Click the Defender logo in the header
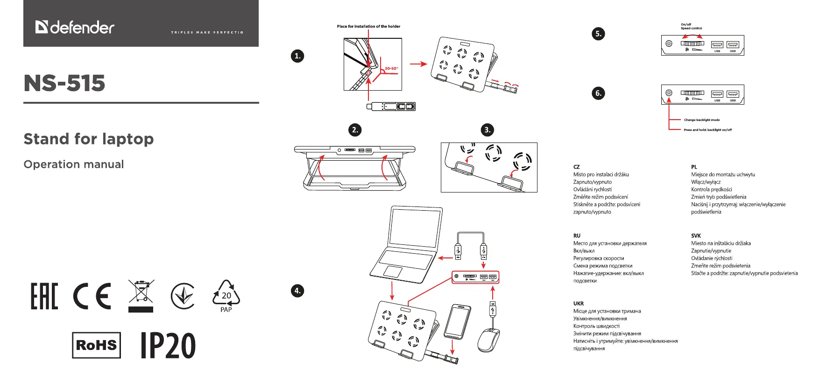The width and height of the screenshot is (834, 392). (x=75, y=27)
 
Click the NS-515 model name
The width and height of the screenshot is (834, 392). (x=64, y=83)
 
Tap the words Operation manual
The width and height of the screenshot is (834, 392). (x=74, y=164)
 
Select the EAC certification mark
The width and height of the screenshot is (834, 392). (x=44, y=296)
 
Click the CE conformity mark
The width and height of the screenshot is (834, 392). (x=92, y=296)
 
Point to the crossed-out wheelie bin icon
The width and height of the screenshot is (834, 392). (x=141, y=294)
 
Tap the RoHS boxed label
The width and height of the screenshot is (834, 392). (x=96, y=345)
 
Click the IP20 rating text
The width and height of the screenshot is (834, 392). (x=168, y=346)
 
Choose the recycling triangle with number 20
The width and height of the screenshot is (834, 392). (x=226, y=295)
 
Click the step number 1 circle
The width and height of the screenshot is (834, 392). (x=297, y=56)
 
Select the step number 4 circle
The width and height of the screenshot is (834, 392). (x=297, y=291)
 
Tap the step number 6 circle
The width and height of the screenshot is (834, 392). (x=598, y=93)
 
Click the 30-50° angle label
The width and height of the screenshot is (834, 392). (x=391, y=69)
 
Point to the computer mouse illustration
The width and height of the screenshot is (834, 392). (x=488, y=340)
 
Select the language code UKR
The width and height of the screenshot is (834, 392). (x=579, y=304)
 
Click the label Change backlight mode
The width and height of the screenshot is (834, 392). (x=701, y=120)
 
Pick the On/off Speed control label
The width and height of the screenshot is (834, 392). (x=691, y=26)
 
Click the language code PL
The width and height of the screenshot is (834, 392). (x=694, y=167)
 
